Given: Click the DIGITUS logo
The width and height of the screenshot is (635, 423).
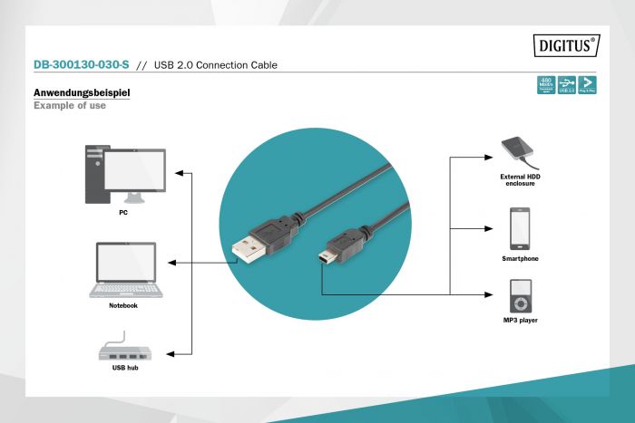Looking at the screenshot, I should click(568, 43).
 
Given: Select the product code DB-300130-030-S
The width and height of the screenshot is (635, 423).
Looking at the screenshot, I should click(81, 65).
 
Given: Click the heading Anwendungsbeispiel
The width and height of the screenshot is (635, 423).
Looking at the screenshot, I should click(82, 93).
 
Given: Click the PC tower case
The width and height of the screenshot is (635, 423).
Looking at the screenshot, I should click(93, 175).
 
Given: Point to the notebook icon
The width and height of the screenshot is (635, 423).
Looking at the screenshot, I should click(126, 270).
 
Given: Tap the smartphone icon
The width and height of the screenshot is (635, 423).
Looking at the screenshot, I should click(520, 228).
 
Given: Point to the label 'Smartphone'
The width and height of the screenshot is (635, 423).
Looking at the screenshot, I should click(520, 259).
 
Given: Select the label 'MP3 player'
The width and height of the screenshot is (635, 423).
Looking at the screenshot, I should click(520, 321).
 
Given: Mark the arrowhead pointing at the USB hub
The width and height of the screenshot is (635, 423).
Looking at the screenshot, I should click(177, 352).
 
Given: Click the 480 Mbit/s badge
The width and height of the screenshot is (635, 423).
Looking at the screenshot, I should click(545, 85).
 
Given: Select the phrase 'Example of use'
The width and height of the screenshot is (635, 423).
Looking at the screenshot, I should click(69, 106).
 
